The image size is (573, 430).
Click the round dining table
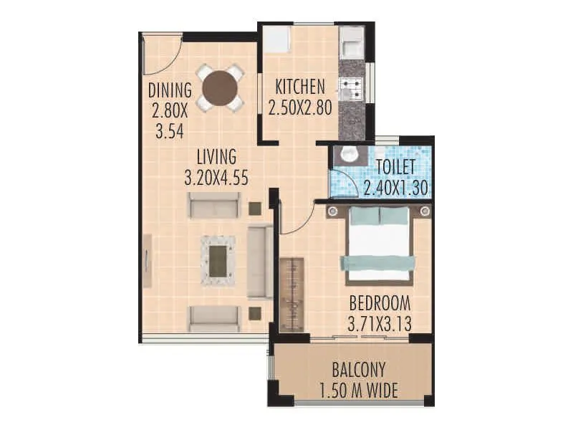pyautogui.click(x=220, y=87)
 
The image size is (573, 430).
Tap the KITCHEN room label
pyautogui.click(x=301, y=87)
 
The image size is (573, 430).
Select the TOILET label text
pyautogui.click(x=395, y=168)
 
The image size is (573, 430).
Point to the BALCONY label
pyautogui.click(x=359, y=371)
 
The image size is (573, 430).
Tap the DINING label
pyautogui.click(x=170, y=91)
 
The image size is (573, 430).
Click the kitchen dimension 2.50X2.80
pyautogui.click(x=301, y=107)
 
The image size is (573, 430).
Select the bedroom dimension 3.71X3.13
pyautogui.click(x=380, y=324)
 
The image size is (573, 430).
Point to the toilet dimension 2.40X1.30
pyautogui.click(x=395, y=188)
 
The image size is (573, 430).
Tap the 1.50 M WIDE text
pyautogui.click(x=359, y=391)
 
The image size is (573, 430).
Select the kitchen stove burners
pyautogui.click(x=351, y=89)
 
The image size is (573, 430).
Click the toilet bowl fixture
pyautogui.click(x=349, y=153)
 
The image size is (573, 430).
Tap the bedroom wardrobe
pyautogui.click(x=292, y=294)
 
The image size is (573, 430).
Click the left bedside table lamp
pyautogui.click(x=333, y=211)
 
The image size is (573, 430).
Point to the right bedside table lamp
pyautogui.click(x=425, y=211)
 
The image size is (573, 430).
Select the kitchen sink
pyautogui.click(x=351, y=46)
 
